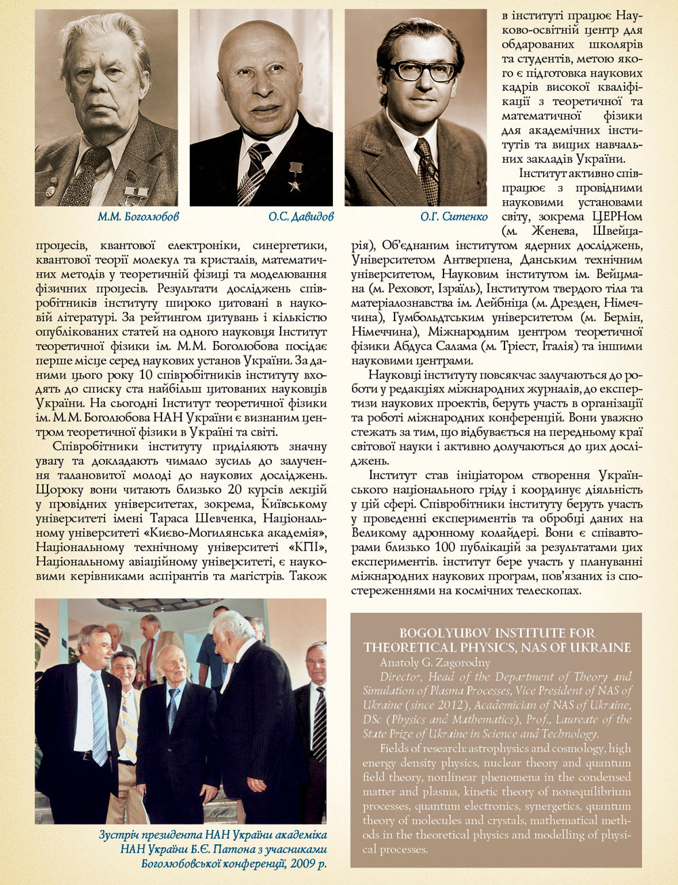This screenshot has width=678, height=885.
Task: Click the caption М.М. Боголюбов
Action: (x=138, y=217)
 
